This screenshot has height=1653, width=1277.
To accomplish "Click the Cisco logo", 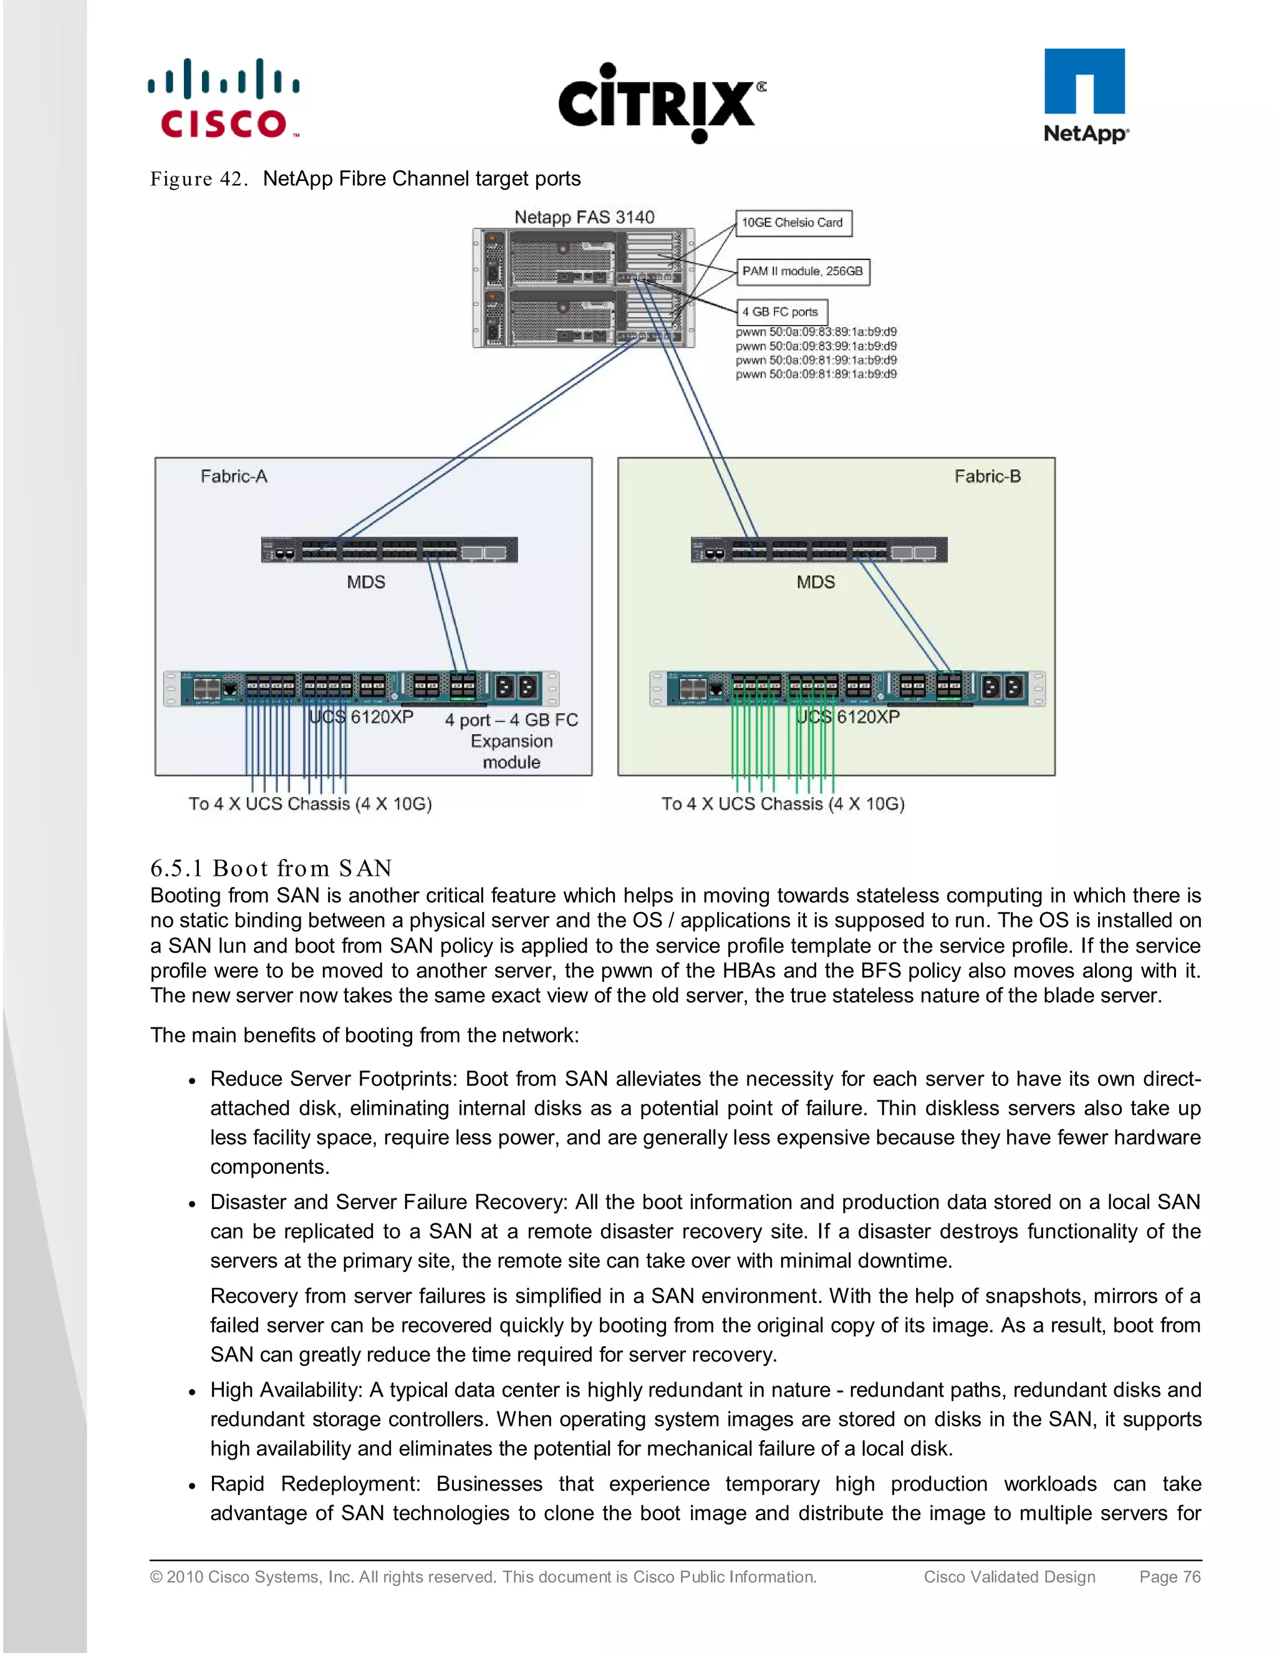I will pos(224,99).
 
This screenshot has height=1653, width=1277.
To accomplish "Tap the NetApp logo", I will pos(1085,96).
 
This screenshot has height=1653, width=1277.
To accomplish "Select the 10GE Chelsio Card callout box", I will pos(793,223).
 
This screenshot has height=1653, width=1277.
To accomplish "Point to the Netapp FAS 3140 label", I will pos(584,217).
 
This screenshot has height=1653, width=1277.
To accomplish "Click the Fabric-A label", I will pos(234,476).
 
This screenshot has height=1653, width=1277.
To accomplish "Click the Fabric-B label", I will pos(987,476).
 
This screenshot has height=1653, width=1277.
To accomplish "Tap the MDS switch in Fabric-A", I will pos(389,550).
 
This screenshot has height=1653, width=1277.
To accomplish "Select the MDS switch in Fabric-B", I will pos(819,550).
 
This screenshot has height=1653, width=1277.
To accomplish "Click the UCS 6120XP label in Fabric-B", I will pos(848,717).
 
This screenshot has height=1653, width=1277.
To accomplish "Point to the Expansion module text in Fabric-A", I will pos(511,742).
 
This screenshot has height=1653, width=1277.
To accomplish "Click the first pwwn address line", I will pos(816,331).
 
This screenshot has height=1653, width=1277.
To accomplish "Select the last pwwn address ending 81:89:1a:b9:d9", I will pos(816,374).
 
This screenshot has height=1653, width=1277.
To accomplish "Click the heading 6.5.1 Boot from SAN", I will pos(271,868).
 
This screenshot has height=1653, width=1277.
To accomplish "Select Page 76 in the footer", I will pos(1170,1576).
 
